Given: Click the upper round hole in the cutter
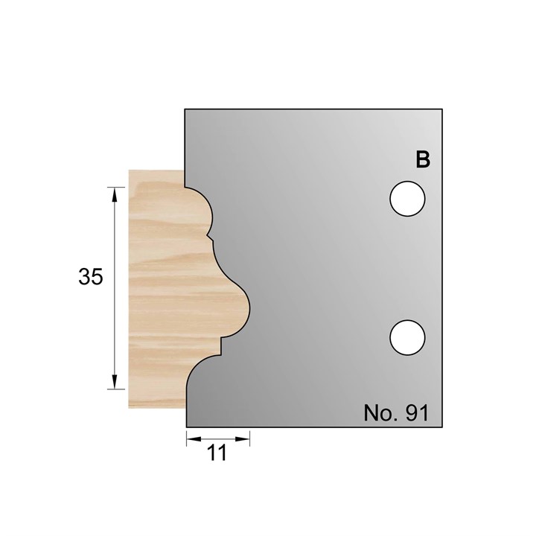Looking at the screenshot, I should (x=407, y=199).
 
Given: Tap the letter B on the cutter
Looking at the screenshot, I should (x=423, y=159).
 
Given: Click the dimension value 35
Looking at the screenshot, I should (x=90, y=277).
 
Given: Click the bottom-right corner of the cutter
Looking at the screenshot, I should (x=443, y=427).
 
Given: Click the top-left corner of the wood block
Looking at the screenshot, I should (x=129, y=170).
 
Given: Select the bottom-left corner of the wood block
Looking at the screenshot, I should (x=129, y=407).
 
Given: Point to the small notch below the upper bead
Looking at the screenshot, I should (x=210, y=238).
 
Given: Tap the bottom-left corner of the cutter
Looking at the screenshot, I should (x=185, y=427).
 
